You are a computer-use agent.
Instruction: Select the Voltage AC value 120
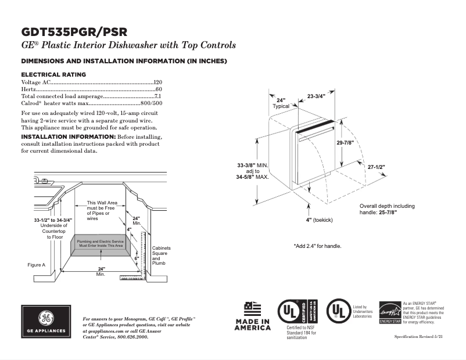pyautogui.click(x=157, y=83)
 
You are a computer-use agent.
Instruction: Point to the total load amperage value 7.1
pyautogui.click(x=158, y=96)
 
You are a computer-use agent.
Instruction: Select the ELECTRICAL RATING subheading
pyautogui.click(x=53, y=74)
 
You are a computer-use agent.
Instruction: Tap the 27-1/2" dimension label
pyautogui.click(x=376, y=167)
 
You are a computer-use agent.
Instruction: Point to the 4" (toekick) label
pyautogui.click(x=319, y=220)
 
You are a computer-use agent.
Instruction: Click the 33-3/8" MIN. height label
pyautogui.click(x=253, y=166)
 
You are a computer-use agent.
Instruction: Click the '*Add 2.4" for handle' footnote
pyautogui.click(x=317, y=246)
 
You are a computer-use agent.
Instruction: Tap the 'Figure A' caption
pyautogui.click(x=37, y=265)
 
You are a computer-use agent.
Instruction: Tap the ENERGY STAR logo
pyautogui.click(x=390, y=312)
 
